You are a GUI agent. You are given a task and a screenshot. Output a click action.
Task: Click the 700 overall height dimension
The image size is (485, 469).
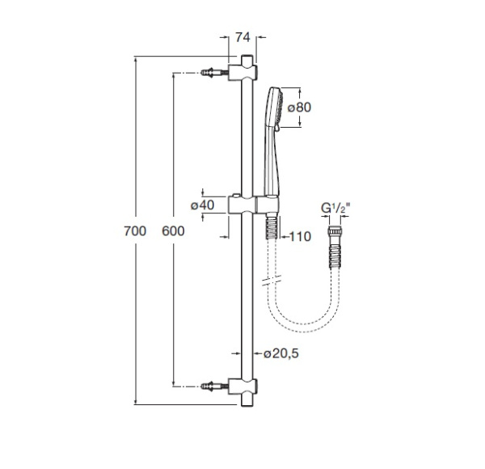[x=135, y=231]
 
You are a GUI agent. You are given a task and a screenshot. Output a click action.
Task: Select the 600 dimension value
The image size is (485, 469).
[x=173, y=231]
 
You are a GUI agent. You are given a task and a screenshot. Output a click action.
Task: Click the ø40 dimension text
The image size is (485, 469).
[x=202, y=205]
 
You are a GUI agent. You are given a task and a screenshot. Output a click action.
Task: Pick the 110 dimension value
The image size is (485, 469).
[x=298, y=236]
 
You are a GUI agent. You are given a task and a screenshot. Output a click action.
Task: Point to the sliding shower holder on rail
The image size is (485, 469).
[x=260, y=205]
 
